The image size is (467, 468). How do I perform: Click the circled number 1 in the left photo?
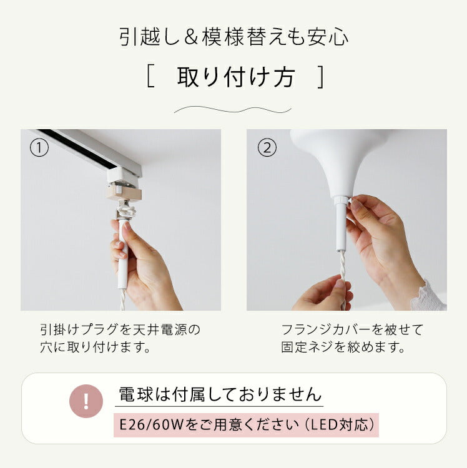pos(39,148)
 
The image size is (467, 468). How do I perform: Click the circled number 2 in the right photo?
pos(267,148)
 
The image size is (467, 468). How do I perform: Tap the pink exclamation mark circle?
pos(86,401)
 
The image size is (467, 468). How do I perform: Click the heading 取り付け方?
pos(236,77)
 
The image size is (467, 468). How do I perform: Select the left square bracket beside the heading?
pos(151,77)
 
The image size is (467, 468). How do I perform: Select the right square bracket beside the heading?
pos(320,77)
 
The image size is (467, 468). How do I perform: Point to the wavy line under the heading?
pos(233,110)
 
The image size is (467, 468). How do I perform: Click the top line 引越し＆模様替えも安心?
pos(234,37)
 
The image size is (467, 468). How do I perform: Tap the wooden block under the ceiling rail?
pos(124,193)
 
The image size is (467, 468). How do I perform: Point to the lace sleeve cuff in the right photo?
pos(429,296)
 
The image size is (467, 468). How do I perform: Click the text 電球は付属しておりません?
pos(220,394)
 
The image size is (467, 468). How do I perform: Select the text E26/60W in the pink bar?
pos(151,425)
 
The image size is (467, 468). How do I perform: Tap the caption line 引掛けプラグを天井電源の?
pos(120,330)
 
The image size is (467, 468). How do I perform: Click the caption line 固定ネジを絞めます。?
pos(343,347)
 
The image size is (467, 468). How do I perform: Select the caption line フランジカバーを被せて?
pos(352,330)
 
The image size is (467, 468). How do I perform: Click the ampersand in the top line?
pos(191,37)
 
